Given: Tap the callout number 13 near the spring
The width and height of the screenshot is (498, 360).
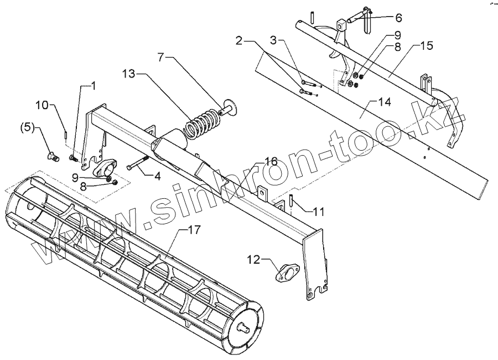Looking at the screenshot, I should point(128,74).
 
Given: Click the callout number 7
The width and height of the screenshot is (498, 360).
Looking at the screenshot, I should point(161,56).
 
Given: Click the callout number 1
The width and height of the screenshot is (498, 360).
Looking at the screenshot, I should point(92,86).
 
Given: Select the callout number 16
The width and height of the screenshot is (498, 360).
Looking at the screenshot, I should point(271,161).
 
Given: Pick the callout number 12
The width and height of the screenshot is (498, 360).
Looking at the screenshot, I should point(253,259).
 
